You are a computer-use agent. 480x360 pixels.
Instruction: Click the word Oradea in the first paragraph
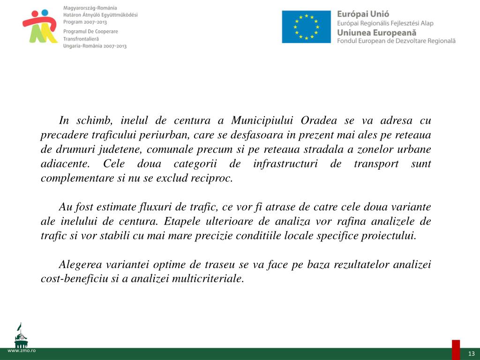(x=318, y=120)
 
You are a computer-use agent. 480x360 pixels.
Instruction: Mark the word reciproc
(x=213, y=178)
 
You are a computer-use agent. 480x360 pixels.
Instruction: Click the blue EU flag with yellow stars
(x=307, y=27)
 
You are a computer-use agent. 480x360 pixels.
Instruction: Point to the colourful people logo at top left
(x=40, y=26)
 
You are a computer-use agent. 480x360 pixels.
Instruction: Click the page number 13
(x=471, y=353)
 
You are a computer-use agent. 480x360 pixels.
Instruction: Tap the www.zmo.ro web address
(x=18, y=351)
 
